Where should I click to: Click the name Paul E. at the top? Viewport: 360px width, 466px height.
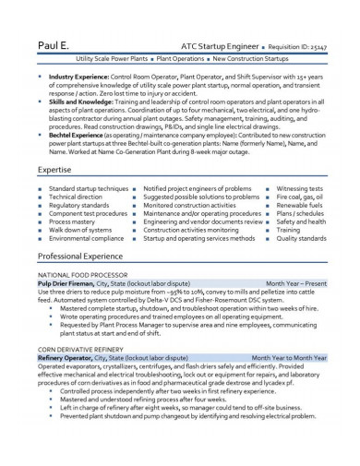(54, 43)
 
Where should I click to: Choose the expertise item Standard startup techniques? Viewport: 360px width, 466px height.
(89, 188)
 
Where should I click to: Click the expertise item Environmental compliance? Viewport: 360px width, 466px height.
(86, 238)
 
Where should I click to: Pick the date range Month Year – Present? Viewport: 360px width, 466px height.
(295, 283)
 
